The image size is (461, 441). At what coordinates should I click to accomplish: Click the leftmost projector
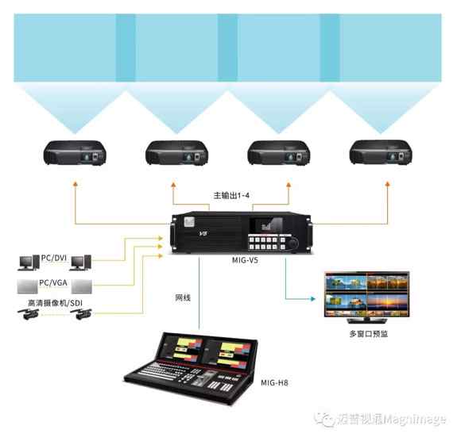point(75,153)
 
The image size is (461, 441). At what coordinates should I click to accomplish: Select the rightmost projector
point(381,152)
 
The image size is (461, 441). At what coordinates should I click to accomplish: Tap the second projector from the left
point(176,153)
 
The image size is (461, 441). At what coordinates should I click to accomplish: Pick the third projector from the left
point(279,153)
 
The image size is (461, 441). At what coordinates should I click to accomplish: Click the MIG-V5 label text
point(245,260)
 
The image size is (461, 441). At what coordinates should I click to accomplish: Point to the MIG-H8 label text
point(274,382)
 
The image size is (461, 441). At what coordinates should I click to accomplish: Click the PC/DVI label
point(54,258)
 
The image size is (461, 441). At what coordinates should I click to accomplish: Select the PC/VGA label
point(53,283)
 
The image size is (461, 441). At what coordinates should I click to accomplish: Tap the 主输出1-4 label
point(231,195)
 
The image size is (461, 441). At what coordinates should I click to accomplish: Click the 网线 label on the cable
point(183,297)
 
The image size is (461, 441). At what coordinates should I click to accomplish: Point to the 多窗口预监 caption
point(369,334)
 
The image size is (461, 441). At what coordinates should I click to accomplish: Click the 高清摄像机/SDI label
point(56,303)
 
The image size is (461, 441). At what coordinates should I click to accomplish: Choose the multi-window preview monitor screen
point(366,294)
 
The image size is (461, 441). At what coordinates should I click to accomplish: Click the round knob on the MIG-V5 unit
point(293,244)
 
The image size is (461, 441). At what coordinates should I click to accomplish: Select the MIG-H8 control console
point(191,368)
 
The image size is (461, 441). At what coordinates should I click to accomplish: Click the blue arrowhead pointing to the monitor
point(313,299)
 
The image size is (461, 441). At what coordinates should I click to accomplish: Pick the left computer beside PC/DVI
point(29,263)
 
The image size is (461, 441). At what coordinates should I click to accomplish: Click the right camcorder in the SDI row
point(81,314)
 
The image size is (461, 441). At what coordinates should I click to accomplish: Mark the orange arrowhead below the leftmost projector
point(76,184)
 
